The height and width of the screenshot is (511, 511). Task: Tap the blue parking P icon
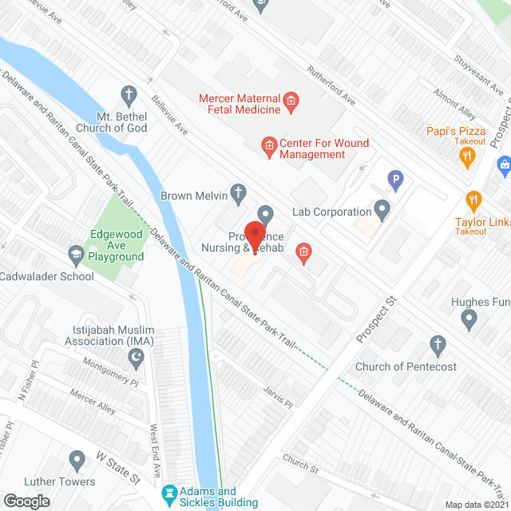393,181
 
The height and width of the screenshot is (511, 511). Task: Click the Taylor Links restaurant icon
473,200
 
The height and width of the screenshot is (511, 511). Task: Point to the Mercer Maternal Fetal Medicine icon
291,100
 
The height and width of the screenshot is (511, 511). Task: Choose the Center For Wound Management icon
269,145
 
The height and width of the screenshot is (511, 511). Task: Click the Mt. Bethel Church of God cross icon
128,94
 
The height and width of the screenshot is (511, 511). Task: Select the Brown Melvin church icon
237,192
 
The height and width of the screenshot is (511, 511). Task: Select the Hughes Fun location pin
469,320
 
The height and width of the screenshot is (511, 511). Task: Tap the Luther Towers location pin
77,460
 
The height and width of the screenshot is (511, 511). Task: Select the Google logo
26,501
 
